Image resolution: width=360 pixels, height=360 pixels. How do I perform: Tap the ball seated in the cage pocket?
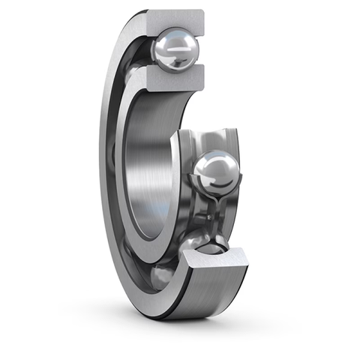tap(215, 172)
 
